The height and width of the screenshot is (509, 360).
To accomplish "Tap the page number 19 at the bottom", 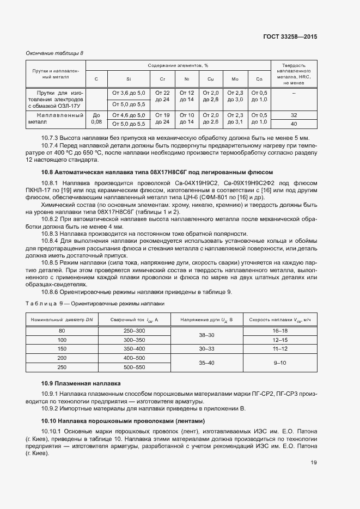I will tap(314, 463).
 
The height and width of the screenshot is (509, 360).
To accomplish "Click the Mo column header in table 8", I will tap(235, 79).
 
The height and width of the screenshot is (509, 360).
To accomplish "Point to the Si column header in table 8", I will tap(129, 79).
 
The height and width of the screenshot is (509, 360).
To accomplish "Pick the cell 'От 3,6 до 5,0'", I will tap(129, 93).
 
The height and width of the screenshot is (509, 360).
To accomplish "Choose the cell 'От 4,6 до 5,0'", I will tap(129, 115).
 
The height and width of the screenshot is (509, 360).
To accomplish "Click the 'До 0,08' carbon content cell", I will tap(96, 119).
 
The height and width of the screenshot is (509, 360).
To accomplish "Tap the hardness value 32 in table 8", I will tap(294, 115).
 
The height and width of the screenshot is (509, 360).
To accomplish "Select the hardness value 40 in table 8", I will tap(294, 124).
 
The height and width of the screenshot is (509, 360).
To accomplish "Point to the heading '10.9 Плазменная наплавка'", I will tap(81, 383).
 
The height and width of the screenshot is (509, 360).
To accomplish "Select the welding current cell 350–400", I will tap(135, 348).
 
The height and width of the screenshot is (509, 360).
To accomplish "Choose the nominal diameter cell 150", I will tap(62, 348).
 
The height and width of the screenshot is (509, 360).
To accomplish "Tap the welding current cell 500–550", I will tap(135, 366).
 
